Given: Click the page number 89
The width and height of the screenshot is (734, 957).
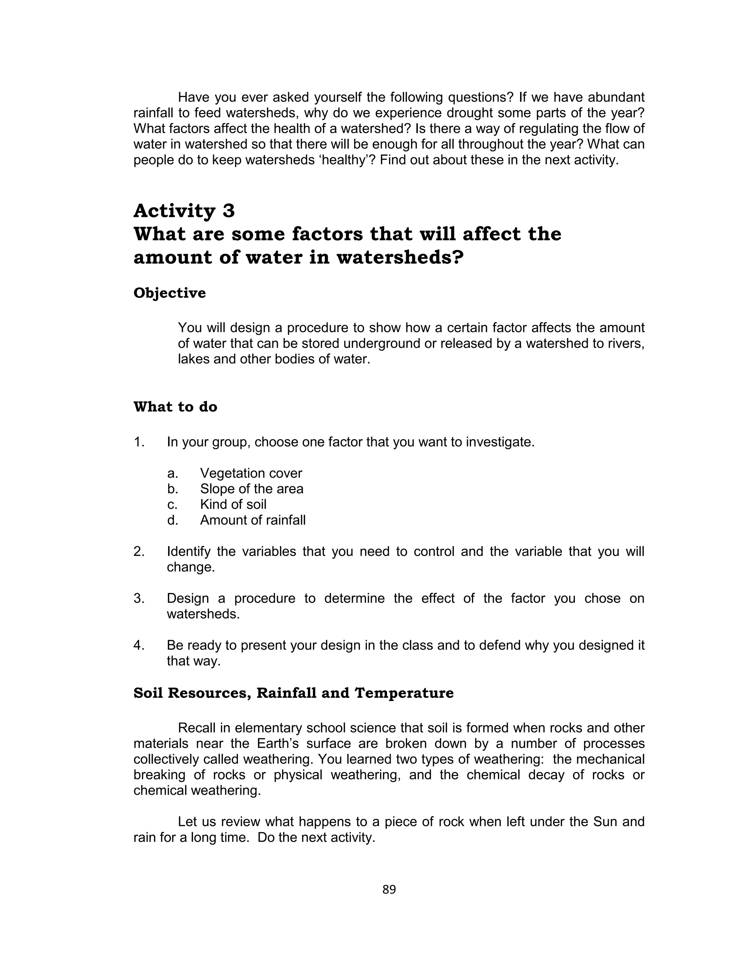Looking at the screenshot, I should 389,889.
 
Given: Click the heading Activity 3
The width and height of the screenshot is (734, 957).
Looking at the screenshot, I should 184,211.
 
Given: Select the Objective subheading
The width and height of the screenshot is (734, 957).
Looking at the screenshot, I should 170,293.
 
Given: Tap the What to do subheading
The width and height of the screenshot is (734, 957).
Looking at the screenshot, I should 175,407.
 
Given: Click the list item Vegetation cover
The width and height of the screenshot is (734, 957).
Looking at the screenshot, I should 251,473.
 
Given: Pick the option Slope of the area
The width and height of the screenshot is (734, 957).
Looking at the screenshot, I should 252,489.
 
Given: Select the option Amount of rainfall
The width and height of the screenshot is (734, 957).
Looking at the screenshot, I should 253,520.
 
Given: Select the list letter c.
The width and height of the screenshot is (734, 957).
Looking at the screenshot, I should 172,505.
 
